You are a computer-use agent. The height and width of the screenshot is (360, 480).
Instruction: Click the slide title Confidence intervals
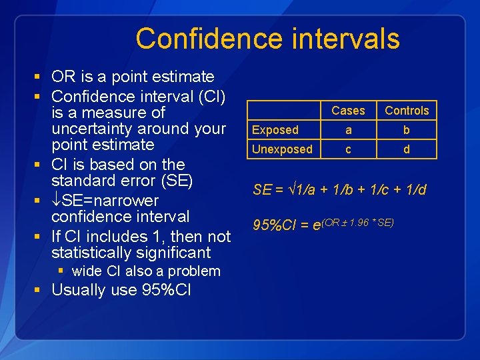(x=267, y=39)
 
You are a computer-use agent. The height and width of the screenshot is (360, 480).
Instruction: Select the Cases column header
(x=348, y=111)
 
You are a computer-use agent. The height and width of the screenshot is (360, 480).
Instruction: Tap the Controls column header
(x=407, y=111)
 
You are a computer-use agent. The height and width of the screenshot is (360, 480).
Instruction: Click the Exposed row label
(x=275, y=130)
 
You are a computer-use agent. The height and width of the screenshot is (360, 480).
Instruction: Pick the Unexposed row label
(x=282, y=149)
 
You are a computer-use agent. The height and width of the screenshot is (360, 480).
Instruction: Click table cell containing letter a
(x=348, y=130)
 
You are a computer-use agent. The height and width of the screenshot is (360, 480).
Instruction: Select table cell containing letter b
(x=407, y=130)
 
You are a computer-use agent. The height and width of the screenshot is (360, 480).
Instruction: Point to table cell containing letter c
(x=348, y=149)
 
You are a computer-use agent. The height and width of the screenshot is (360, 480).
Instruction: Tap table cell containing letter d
(x=407, y=149)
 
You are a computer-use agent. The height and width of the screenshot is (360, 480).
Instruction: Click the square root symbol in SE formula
(x=293, y=190)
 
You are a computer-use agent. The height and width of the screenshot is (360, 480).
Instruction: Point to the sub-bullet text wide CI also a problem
(x=145, y=271)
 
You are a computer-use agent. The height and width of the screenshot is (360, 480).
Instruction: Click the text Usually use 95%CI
(x=121, y=290)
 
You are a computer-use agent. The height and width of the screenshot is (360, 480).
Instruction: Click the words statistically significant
(x=131, y=253)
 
